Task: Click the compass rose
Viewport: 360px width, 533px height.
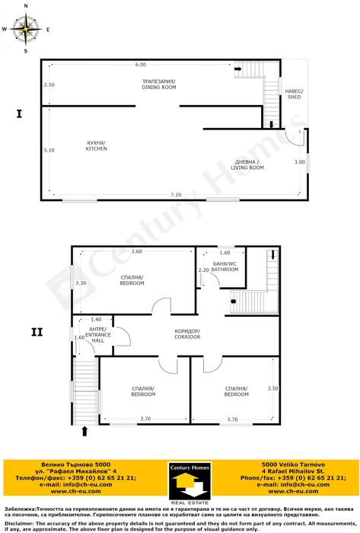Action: point(27,30)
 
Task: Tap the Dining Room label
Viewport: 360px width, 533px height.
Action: point(158,85)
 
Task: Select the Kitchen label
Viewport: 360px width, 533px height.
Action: point(96,146)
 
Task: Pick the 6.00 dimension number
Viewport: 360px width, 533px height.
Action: point(141,65)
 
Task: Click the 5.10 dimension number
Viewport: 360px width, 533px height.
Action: point(49,150)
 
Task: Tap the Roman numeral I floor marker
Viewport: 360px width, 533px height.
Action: point(18,115)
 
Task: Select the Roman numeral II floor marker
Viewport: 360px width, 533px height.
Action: point(36,332)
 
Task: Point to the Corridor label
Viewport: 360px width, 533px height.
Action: point(186,334)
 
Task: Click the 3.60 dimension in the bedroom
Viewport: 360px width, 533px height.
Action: point(136,252)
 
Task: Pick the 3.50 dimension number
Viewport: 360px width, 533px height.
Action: point(273,388)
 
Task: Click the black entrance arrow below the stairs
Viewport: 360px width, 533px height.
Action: point(84,432)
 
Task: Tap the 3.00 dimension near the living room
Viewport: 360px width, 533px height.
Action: point(300,162)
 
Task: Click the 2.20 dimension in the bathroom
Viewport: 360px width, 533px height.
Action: point(203,270)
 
